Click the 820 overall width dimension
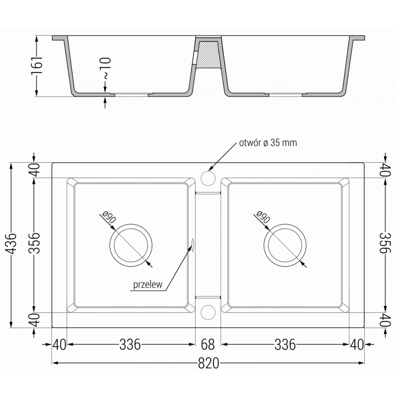[208, 364]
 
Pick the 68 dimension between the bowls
[208, 344]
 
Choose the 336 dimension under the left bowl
[130, 344]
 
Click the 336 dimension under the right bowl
[285, 344]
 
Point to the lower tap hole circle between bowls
[207, 311]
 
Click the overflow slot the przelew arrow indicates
[192, 244]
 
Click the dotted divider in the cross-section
[207, 55]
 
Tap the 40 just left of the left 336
[59, 344]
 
